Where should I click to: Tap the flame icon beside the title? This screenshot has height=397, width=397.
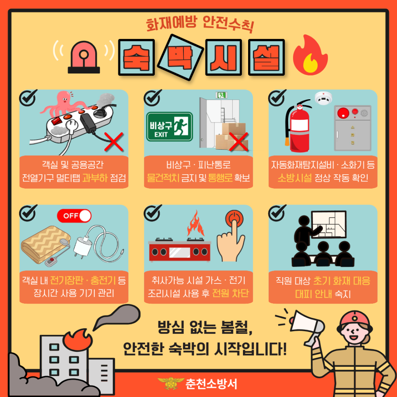coord(310,56)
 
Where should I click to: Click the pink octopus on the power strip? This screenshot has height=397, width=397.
coord(63,104)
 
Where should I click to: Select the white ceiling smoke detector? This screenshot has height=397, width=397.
coord(323,97)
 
